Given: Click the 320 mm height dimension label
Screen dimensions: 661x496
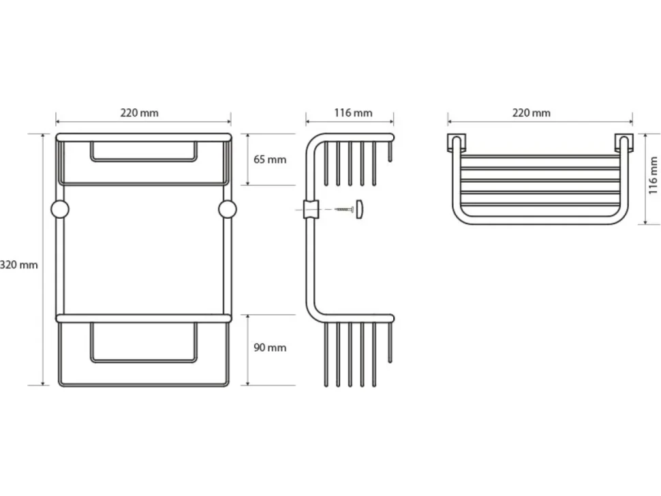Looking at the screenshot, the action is point(19,265).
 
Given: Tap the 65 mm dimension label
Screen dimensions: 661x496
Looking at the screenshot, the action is point(270,159).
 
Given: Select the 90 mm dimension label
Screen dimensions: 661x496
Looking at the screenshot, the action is point(270,347).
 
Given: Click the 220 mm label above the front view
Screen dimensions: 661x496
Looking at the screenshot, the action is point(140,113).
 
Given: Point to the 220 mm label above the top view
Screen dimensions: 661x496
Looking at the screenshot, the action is point(531,113).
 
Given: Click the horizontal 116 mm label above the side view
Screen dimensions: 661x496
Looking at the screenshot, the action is point(353,113).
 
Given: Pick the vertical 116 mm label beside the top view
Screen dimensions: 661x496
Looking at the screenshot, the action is point(653,175).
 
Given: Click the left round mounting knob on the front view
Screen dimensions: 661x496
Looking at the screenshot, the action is point(60,209).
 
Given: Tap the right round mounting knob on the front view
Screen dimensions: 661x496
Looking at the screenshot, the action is point(228,209).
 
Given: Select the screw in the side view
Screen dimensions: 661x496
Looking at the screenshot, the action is point(344,209).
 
